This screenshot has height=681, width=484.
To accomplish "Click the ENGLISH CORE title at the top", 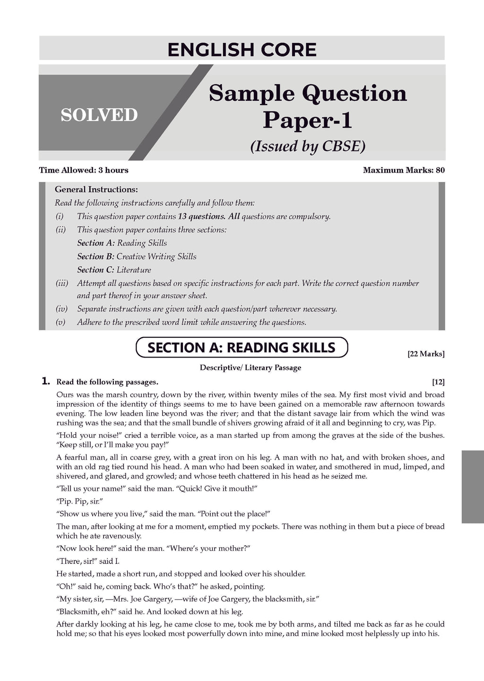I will click(242, 50).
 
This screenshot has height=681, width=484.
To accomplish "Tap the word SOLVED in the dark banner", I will click(99, 115).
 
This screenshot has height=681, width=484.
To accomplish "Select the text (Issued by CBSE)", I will click(308, 147).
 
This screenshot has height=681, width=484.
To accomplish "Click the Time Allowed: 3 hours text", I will click(84, 170).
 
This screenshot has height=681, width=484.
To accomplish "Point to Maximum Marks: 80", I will click(404, 170).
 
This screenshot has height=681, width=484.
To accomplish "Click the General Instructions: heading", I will click(96, 190).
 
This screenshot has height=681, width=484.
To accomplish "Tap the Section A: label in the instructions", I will click(96, 243).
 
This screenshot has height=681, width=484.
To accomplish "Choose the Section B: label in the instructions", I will click(96, 256).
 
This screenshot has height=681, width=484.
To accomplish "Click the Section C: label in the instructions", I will click(96, 270).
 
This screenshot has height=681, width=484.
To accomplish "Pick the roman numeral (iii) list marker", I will click(62, 283).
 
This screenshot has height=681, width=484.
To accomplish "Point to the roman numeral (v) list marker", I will click(60, 323).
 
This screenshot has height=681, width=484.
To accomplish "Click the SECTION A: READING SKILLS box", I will click(242, 348).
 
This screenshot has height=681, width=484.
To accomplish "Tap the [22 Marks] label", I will click(426, 354).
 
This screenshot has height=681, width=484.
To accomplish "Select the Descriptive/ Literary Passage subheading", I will click(250, 367).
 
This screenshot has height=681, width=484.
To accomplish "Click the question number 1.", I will click(46, 381).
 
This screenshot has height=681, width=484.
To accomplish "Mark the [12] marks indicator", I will click(438, 382).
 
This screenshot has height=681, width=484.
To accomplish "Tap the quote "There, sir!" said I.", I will click(88, 561).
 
